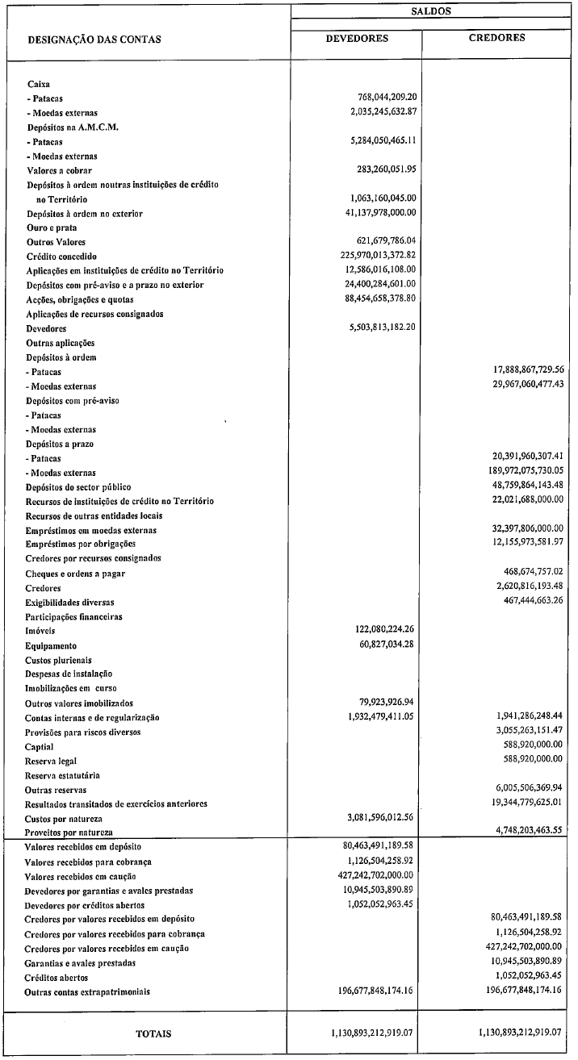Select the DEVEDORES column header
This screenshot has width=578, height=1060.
[357, 38]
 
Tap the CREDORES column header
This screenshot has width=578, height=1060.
[496, 37]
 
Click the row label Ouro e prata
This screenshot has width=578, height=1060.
[52, 228]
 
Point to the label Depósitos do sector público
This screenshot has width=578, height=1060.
[78, 487]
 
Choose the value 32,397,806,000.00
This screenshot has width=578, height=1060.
[521, 530]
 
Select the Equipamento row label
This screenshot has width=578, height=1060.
[52, 646]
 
